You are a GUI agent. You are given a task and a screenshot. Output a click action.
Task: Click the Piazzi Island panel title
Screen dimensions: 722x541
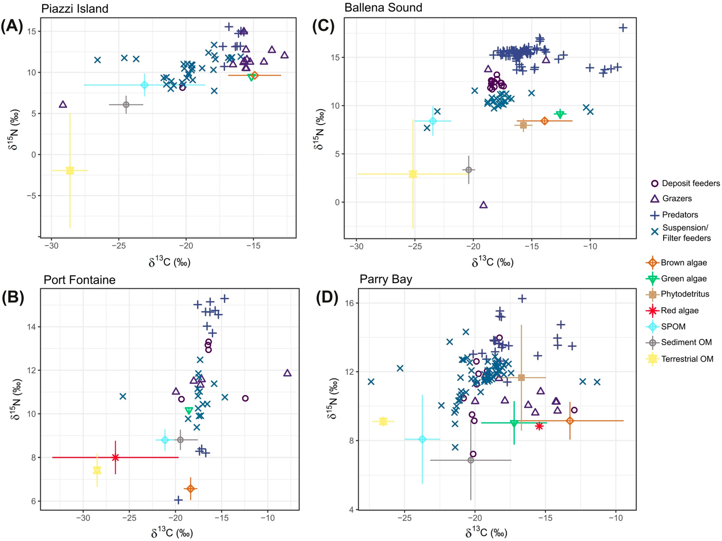pos(75,9)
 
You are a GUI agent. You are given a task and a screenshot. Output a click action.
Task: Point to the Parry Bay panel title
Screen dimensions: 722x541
pos(386,279)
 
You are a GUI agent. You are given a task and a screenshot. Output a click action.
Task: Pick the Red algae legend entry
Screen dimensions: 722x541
pos(672,310)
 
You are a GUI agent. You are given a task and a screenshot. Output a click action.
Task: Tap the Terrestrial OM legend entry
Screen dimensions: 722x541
pos(680,359)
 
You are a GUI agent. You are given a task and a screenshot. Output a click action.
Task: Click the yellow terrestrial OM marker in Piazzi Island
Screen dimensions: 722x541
pos(70,170)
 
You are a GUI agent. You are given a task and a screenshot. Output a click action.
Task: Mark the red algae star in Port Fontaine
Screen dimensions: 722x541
pos(115,457)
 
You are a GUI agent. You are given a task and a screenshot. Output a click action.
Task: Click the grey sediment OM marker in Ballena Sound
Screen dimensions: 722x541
pos(469,170)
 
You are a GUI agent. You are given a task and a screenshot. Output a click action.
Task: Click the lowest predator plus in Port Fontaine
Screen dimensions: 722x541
pos(178,500)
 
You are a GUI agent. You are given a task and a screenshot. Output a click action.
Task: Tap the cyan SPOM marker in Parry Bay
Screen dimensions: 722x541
pos(422,439)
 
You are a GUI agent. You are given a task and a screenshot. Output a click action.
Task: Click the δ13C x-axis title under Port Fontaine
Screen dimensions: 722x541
pos(172,532)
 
